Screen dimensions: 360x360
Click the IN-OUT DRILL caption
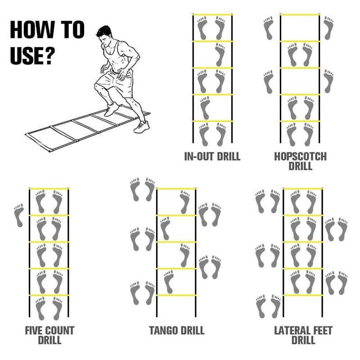coord(212,157)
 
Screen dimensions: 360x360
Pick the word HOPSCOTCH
coord(300,157)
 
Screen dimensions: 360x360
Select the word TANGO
coord(164,331)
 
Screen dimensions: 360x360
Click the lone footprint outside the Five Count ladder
coord(19,216)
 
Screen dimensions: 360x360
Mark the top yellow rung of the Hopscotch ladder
coord(300,14)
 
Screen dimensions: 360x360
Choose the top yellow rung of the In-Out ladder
coord(212,14)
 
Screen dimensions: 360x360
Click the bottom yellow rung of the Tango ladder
coord(176,295)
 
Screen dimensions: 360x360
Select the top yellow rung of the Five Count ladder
coord(49,189)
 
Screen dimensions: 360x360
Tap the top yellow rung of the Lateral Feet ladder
coord(303,189)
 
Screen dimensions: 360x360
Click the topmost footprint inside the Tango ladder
coord(184,202)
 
